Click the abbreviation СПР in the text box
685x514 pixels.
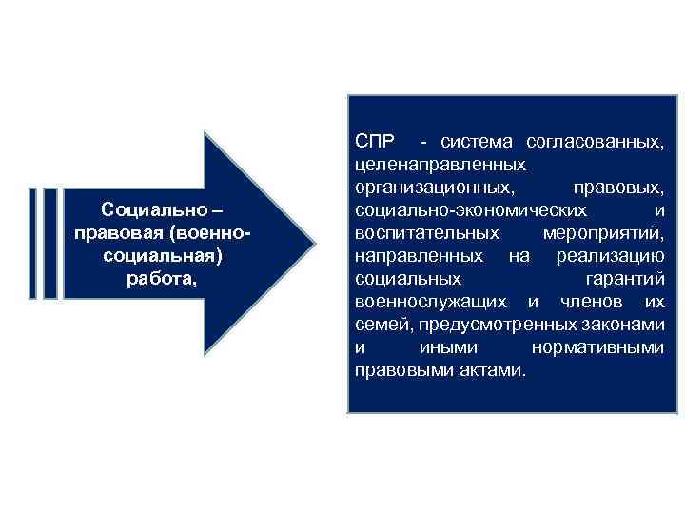(x=373, y=142)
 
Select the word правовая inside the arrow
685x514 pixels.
(x=116, y=233)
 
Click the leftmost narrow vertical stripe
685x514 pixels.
(x=34, y=243)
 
